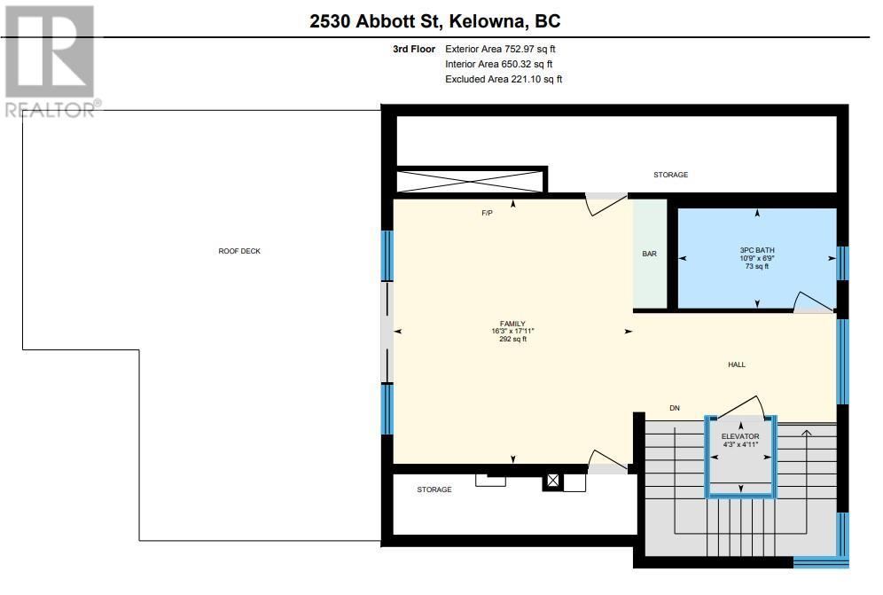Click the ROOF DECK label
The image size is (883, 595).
(x=239, y=251)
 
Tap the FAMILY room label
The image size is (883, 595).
(x=512, y=324)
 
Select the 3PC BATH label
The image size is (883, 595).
(x=757, y=250)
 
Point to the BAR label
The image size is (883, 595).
(x=649, y=254)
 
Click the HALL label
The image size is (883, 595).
(x=737, y=364)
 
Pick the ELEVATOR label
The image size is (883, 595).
(x=740, y=436)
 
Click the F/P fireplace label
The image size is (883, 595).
(x=487, y=213)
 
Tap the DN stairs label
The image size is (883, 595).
(x=675, y=408)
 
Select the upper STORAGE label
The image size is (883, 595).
(x=671, y=175)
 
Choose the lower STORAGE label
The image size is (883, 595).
(x=434, y=489)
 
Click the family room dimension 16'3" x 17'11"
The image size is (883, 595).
(x=512, y=332)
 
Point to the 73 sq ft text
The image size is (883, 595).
(x=757, y=266)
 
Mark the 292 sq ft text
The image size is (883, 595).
(x=512, y=340)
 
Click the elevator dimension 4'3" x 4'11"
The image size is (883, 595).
(x=740, y=444)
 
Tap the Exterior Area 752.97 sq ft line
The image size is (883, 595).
(x=500, y=49)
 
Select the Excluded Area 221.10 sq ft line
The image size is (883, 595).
(x=504, y=80)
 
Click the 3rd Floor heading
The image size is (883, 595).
(x=414, y=49)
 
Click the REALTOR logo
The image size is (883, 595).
(x=51, y=62)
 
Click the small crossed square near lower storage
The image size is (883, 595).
(x=553, y=481)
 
